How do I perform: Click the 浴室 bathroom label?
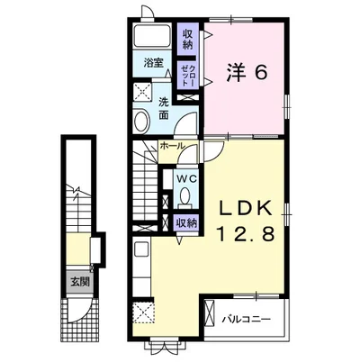(153, 63)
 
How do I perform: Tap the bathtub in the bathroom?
(152, 35)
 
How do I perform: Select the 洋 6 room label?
(246, 73)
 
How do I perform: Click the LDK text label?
(246, 208)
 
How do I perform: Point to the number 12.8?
(246, 233)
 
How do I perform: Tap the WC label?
(186, 179)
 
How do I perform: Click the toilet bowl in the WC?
(184, 196)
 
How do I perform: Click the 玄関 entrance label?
(80, 282)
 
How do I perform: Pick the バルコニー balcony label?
(247, 319)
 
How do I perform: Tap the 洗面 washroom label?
(164, 109)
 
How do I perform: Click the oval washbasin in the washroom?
(141, 122)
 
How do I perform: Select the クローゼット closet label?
(187, 76)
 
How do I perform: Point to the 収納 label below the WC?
(186, 222)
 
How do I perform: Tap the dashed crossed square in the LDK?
(143, 312)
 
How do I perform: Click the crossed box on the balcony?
(210, 312)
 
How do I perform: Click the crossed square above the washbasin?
(142, 92)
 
